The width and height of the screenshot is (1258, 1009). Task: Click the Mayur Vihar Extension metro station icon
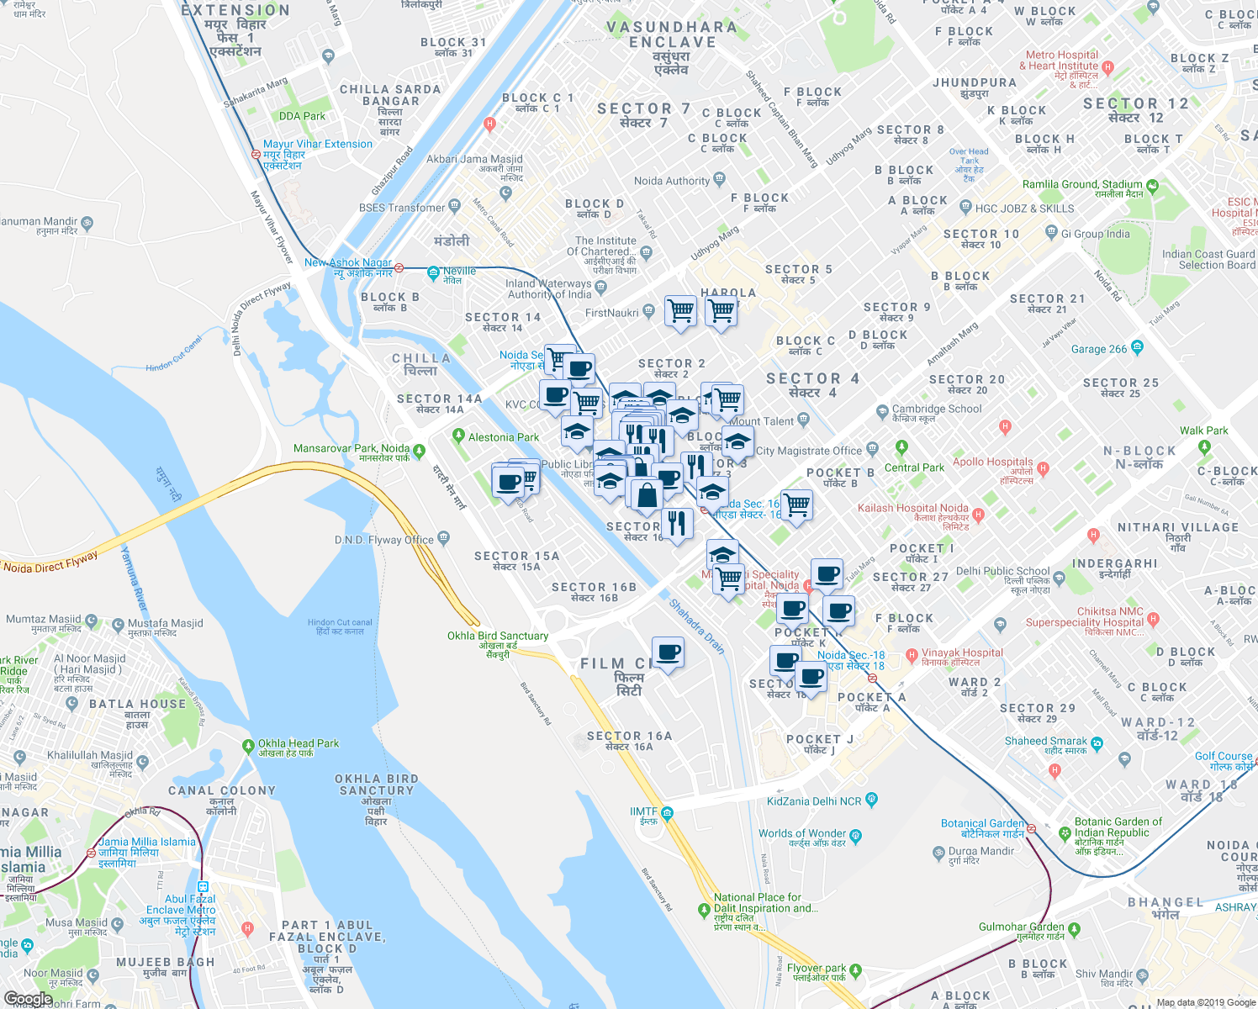point(256,155)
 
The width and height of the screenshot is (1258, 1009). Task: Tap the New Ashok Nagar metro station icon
point(399,267)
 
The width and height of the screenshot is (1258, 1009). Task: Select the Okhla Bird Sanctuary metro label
point(497,637)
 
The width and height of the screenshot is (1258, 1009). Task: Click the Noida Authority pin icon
point(719,178)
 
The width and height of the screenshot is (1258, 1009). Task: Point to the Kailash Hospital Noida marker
point(977,512)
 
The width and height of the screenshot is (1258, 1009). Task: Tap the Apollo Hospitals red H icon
point(1044,468)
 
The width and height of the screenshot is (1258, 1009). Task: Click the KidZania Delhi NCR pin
point(871,799)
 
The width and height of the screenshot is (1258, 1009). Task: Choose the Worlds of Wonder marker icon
point(855,835)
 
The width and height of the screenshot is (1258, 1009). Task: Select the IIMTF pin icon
point(667,812)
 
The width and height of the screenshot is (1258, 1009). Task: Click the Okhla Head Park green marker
point(248,745)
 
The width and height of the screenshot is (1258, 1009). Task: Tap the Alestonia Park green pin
point(458,436)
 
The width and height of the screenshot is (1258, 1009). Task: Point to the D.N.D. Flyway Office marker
point(443,538)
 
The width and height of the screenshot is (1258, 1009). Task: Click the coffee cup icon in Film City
point(669,653)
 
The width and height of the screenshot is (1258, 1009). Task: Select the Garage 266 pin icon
point(1137,346)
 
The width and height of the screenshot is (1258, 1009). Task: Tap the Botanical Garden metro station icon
point(1031,828)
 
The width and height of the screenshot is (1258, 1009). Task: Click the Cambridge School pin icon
point(882,411)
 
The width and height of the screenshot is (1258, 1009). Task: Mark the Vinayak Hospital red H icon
point(912,654)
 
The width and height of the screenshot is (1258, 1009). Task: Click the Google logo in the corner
point(28,999)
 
